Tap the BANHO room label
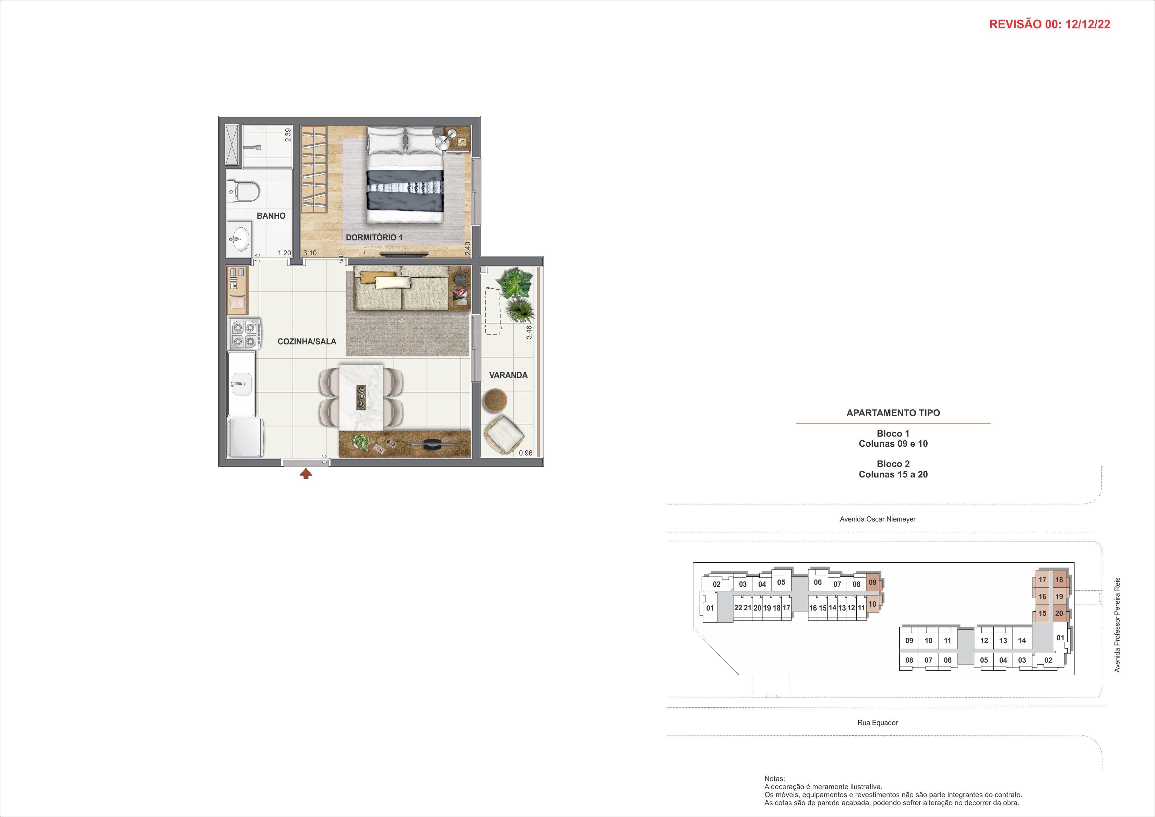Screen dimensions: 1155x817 (271, 216)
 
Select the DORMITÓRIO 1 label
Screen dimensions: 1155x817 (374, 237)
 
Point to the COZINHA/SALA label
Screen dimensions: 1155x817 (307, 342)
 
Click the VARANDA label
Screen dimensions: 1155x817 (508, 375)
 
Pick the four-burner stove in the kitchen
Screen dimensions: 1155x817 (245, 334)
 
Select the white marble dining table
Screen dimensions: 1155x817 (362, 397)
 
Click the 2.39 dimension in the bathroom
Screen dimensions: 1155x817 (288, 135)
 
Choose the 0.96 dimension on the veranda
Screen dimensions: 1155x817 (525, 453)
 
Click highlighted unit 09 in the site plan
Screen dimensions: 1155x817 (872, 583)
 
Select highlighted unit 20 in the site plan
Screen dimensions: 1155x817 (1059, 613)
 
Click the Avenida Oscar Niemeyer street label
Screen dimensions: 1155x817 (877, 519)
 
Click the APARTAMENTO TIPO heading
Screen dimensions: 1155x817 (893, 413)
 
